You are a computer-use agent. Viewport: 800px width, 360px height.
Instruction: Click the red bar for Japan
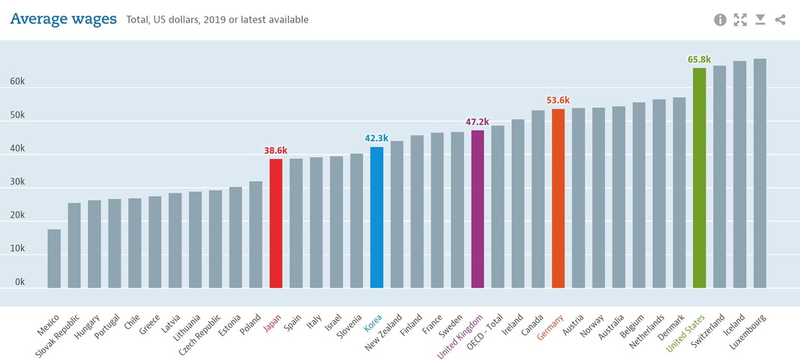point(276,223)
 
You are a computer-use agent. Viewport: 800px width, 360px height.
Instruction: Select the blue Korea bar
point(376,217)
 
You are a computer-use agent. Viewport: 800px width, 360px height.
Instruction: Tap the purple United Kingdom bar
point(478,208)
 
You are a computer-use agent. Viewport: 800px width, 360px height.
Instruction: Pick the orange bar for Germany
point(558,198)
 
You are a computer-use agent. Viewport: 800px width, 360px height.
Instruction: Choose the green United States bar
point(699,178)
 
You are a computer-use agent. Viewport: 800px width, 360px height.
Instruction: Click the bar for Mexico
point(54,258)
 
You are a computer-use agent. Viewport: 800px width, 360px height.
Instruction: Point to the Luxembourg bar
point(760,173)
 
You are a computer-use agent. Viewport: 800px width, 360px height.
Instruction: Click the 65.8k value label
point(699,59)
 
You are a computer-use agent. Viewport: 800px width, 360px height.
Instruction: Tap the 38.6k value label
point(276,150)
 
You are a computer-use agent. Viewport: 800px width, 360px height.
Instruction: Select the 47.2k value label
point(478,121)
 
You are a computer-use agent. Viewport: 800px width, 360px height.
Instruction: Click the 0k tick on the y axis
point(19,282)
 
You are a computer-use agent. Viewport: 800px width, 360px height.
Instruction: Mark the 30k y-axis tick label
point(17,182)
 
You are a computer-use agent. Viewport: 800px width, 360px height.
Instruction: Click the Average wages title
point(63,19)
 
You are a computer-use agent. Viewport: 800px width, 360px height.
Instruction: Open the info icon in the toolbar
point(721,19)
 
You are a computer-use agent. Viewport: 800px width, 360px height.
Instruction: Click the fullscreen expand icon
point(741,19)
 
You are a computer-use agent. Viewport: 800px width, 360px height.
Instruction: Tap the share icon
point(781,19)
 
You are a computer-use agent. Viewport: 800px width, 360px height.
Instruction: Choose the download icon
point(760,19)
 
